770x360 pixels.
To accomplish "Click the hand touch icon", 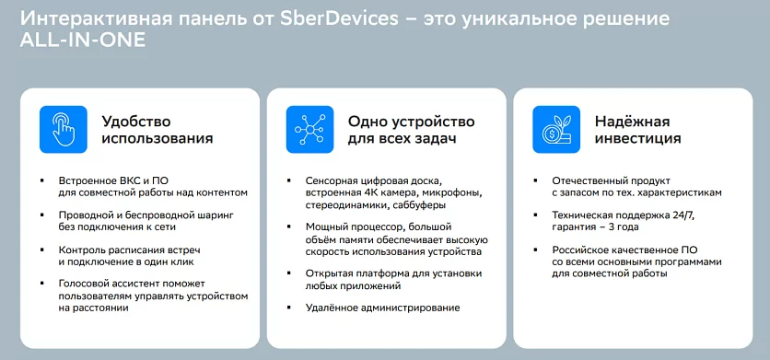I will [63, 130].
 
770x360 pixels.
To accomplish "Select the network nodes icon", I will [309, 130].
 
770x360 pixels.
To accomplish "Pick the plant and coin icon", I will [555, 130].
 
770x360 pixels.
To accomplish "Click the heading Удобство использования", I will [157, 130].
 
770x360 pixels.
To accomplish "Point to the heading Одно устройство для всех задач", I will [411, 130].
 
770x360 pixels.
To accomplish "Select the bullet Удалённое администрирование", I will [382, 308].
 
